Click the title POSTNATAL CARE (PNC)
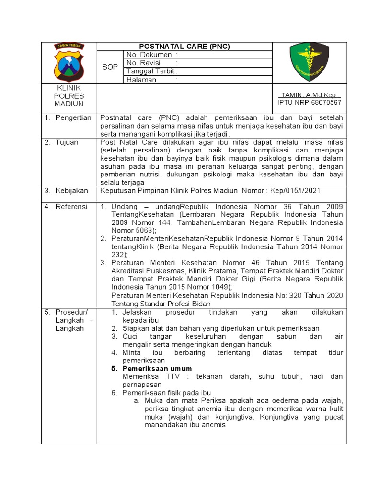point(184,47)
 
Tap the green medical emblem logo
point(310,62)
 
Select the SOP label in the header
point(110,67)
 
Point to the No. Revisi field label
point(143,63)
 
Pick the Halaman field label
point(141,80)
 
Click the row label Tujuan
point(67,142)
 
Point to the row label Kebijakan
point(72,190)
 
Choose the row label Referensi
point(71,206)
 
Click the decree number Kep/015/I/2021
point(295,190)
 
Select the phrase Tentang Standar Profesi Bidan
point(161,304)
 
